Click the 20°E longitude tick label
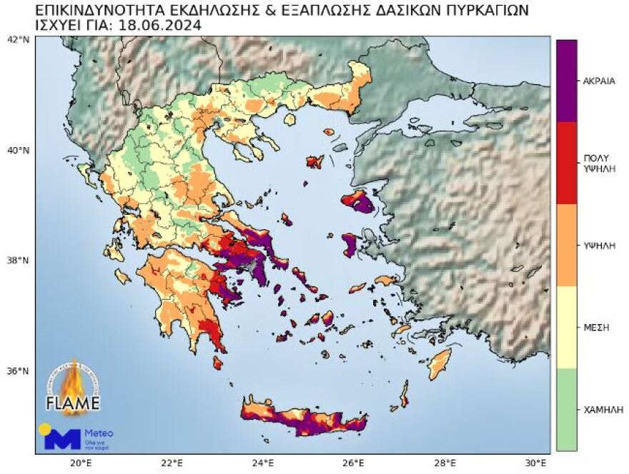point(81,463)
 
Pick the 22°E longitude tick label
point(172,463)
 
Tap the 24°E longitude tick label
point(263,463)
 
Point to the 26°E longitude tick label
point(355,463)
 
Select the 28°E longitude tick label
point(446,463)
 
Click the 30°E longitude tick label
point(537,463)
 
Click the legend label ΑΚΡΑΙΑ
point(599,81)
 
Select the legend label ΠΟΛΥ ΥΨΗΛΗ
point(599,163)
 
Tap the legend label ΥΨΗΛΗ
point(599,246)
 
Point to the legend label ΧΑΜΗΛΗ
point(599,410)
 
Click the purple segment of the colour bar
point(567,81)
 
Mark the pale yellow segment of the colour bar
point(567,328)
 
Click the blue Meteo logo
point(62,438)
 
